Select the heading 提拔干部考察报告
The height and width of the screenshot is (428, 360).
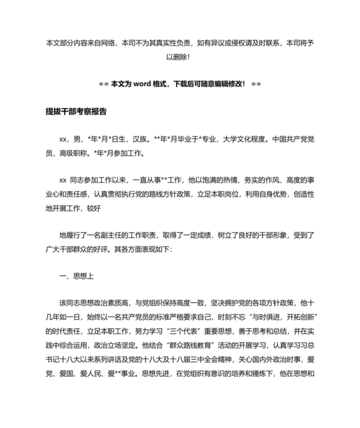pyautogui.click(x=76, y=111)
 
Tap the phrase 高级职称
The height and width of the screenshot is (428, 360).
pyautogui.click(x=73, y=153)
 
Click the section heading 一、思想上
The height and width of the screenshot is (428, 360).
pyautogui.click(x=76, y=276)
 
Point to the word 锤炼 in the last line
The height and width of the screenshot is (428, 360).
pyautogui.click(x=253, y=386)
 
